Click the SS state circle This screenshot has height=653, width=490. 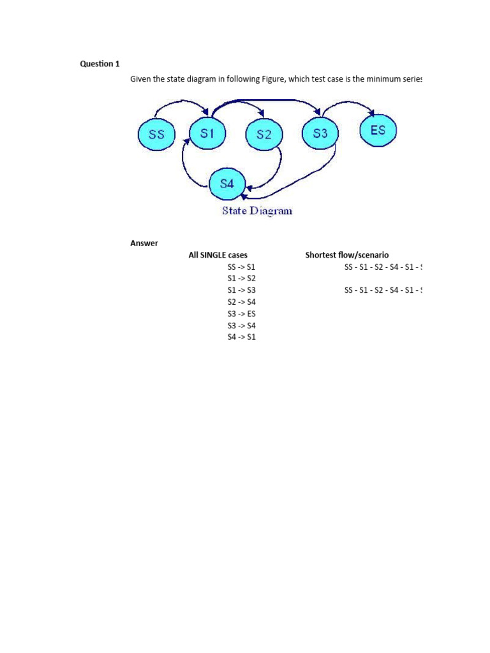tap(156, 135)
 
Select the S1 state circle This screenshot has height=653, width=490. tap(207, 133)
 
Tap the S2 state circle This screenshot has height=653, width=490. tap(264, 135)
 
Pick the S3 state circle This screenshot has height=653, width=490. tap(320, 133)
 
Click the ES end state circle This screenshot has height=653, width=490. tap(378, 130)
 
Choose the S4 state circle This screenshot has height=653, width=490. tap(227, 184)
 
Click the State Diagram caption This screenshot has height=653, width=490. tap(257, 210)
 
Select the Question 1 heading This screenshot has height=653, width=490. tap(100, 64)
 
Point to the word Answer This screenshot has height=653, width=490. tap(144, 243)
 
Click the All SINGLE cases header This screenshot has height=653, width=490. tap(218, 255)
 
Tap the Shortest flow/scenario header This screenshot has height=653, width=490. tap(346, 255)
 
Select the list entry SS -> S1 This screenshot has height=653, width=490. tap(241, 267)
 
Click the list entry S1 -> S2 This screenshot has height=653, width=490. tap(241, 279)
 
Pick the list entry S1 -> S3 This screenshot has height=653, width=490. tap(241, 290)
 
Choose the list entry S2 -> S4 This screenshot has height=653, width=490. tap(241, 302)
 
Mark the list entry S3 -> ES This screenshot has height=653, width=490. tap(241, 314)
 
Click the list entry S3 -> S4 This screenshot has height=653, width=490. tap(241, 325)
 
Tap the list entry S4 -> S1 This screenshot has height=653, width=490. tap(241, 337)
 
